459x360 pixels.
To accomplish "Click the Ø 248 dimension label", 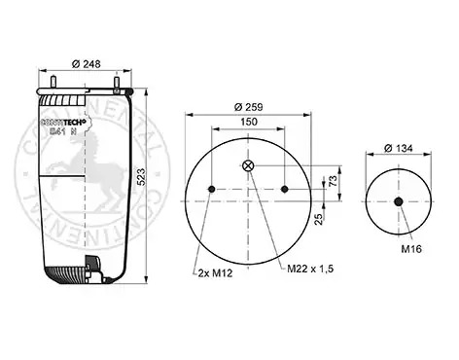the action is tap(86, 64).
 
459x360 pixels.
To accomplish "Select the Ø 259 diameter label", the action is tap(248, 107).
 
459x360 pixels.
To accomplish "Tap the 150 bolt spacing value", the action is tap(249, 122).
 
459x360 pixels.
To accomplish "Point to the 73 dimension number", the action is tap(333, 181).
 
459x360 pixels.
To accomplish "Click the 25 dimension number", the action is tap(319, 219).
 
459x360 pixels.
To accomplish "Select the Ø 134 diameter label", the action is tap(399, 149).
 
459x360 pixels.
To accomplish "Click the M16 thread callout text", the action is tap(411, 249).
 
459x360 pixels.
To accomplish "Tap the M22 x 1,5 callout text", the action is tap(310, 269).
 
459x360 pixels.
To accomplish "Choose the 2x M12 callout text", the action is tap(215, 273).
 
